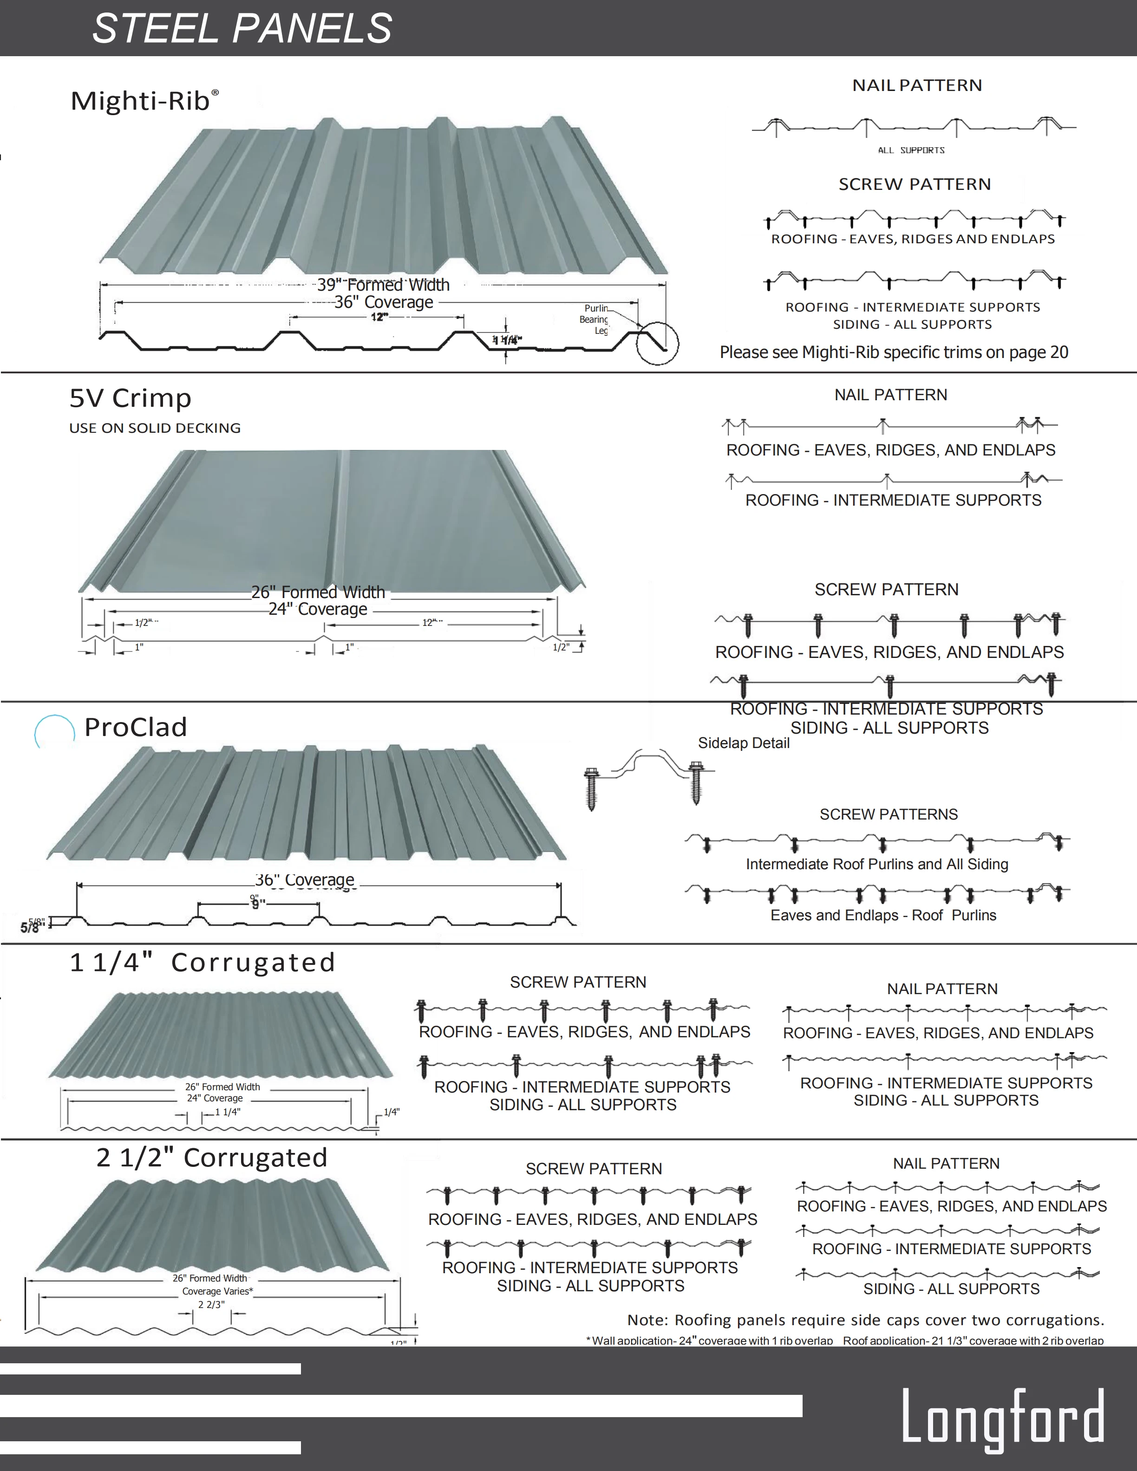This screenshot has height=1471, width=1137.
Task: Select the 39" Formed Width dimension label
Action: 383,285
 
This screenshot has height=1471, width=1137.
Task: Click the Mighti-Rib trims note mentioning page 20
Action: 894,352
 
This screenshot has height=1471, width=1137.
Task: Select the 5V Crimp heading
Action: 131,398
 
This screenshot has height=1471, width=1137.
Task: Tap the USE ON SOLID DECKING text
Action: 155,429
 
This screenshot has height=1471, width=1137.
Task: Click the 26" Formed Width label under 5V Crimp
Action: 318,592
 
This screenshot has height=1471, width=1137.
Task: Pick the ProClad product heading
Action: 135,728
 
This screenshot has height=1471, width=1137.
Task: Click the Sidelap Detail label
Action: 744,743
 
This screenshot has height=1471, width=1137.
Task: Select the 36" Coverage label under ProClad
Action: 305,879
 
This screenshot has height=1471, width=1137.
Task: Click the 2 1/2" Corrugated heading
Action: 211,1157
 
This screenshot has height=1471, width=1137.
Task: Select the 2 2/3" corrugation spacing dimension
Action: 211,1305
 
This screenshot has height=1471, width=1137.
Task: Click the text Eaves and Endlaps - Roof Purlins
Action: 883,915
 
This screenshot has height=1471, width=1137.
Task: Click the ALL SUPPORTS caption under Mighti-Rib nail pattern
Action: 911,150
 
